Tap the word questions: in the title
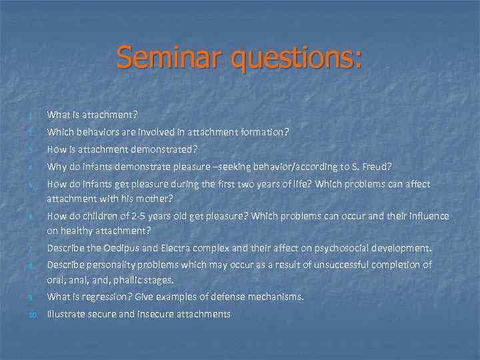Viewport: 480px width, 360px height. [297, 59]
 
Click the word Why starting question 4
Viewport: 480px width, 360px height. [55, 167]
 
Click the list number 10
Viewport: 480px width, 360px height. [31, 314]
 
